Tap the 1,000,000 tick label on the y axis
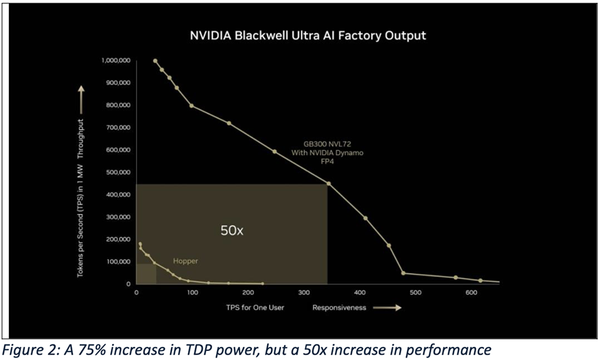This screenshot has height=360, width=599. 114,60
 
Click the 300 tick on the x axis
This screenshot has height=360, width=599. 193,292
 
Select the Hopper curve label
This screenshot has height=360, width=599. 185,261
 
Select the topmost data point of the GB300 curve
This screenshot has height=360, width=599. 155,60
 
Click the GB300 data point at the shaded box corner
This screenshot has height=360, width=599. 328,183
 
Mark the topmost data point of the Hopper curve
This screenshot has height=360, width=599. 140,244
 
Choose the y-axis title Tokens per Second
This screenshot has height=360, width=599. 80,201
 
